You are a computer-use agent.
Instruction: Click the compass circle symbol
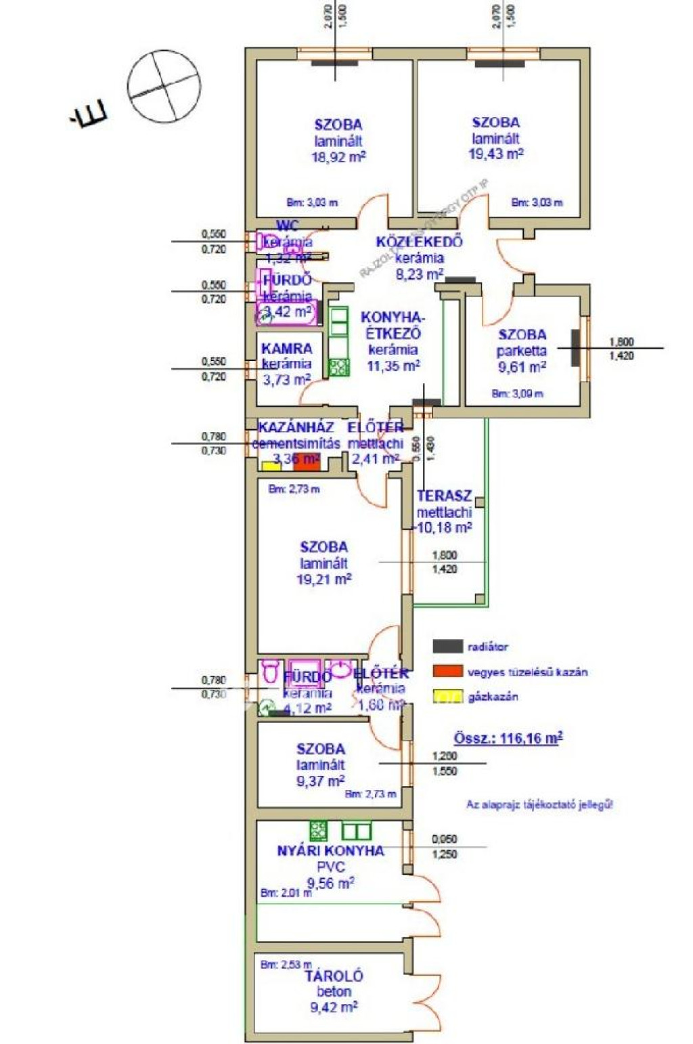[x=165, y=87]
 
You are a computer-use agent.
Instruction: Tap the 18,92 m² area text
[x=338, y=157]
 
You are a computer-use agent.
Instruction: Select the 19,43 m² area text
[x=496, y=154]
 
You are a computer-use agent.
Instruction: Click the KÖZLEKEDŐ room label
[x=420, y=242]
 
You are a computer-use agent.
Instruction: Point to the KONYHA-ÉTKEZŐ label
[x=393, y=325]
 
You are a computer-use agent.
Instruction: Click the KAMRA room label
[x=287, y=349]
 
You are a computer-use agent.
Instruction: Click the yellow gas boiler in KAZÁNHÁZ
[x=271, y=466]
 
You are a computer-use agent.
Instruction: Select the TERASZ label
[x=445, y=496]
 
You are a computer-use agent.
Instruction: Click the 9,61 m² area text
[x=522, y=367]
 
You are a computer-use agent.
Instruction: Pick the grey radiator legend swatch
[x=448, y=647]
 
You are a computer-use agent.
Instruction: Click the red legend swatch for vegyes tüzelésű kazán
[x=448, y=672]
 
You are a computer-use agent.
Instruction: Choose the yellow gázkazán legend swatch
[x=448, y=696]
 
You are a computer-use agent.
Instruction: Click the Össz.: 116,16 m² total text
[x=508, y=738]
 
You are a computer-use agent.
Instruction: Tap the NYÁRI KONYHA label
[x=330, y=851]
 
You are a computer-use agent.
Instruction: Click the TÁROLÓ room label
[x=334, y=976]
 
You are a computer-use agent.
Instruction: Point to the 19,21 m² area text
[x=324, y=580]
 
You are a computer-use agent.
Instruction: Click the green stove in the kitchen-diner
[x=339, y=367]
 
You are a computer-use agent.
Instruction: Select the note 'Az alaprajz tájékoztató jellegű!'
[x=539, y=805]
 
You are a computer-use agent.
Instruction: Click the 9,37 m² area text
[x=321, y=781]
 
